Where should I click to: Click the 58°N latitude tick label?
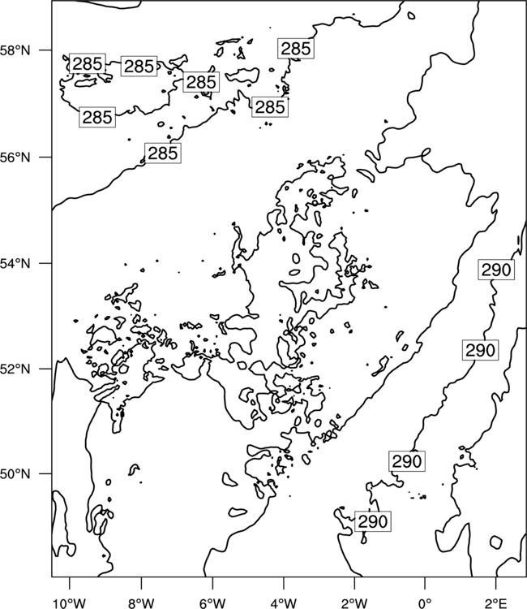15,50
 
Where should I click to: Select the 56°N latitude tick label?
15,158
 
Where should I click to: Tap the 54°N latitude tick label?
15,263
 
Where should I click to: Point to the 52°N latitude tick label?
15,369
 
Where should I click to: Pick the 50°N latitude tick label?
15,474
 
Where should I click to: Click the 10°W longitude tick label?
69,603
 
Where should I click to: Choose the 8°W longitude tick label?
141,603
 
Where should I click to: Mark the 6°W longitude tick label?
212,603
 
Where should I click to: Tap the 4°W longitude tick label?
283,603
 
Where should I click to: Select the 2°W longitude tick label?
354,603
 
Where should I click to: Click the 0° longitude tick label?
425,603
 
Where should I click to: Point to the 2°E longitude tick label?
496,603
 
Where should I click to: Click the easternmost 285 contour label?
296,49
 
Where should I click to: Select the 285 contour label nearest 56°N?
163,153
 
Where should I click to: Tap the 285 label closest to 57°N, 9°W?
97,117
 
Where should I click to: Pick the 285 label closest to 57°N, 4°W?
270,107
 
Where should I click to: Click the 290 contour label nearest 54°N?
496,270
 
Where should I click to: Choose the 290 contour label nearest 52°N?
480,350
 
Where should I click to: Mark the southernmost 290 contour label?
373,521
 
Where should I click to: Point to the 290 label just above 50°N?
407,461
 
